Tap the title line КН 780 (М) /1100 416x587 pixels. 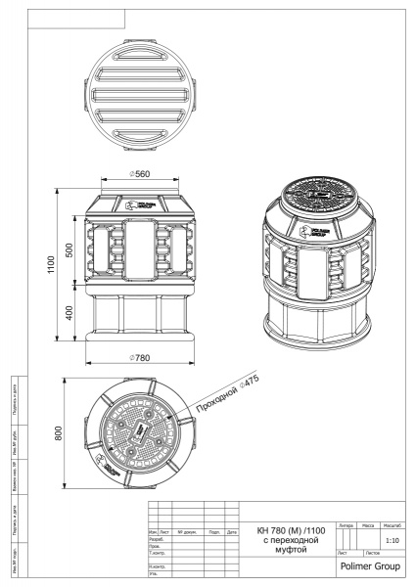click(288, 529)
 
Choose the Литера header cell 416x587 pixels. click(345, 526)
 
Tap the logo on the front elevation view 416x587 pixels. click(137, 206)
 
